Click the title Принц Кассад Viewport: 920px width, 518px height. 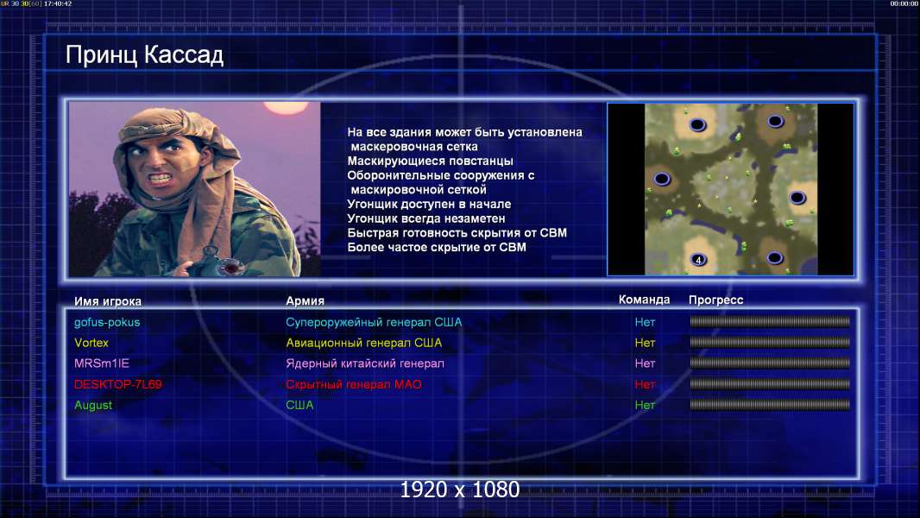[144, 55]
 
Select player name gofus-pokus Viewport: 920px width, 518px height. [107, 322]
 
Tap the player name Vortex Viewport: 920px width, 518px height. [91, 343]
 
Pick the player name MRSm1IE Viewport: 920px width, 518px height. [102, 363]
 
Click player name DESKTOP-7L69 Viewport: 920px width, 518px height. [118, 384]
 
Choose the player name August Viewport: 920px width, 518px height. [92, 405]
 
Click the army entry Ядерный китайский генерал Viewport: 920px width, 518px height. [365, 363]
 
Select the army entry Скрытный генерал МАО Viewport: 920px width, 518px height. [353, 384]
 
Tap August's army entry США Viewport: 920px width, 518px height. [299, 405]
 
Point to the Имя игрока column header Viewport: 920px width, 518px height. [107, 301]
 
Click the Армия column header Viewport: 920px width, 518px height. [306, 300]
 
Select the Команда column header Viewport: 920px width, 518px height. [644, 300]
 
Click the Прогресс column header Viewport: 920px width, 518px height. [715, 300]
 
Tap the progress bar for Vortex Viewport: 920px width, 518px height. [770, 342]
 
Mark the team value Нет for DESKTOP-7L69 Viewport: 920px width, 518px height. [645, 384]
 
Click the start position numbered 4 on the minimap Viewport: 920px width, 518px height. [698, 260]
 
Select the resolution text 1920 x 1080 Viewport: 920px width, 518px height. [460, 490]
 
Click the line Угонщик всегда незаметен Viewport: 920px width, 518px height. [426, 218]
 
